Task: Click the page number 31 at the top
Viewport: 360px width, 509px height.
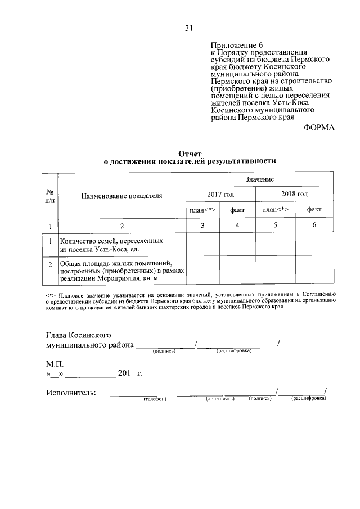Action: click(x=188, y=28)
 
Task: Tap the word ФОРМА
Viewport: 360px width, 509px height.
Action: click(x=318, y=128)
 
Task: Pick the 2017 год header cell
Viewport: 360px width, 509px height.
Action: click(x=220, y=194)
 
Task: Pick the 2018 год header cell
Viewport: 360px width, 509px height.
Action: click(x=294, y=194)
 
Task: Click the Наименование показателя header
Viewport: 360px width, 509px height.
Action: click(x=121, y=196)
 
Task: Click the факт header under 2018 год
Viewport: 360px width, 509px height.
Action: click(x=314, y=210)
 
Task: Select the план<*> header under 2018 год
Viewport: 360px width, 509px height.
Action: click(x=276, y=210)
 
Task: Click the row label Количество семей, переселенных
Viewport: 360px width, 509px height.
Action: click(x=112, y=241)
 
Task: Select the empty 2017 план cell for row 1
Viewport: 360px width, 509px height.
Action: click(x=203, y=245)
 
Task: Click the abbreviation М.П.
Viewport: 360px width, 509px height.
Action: click(x=55, y=363)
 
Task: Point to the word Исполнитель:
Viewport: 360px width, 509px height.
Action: click(x=71, y=392)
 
